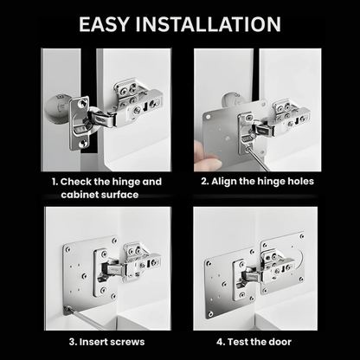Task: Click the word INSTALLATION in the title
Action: [215, 23]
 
